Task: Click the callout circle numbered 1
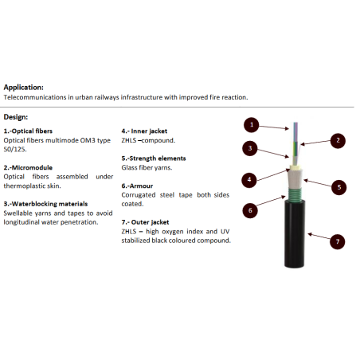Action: (252, 125)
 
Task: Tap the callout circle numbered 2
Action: (338, 141)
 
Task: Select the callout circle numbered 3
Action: (250, 148)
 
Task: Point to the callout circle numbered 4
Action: (249, 180)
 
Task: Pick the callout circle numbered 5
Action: (338, 187)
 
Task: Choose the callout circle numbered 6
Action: (250, 210)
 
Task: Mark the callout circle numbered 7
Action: (338, 241)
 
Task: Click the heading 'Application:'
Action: (23, 88)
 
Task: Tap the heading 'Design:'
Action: (16, 117)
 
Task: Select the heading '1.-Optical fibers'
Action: (28, 131)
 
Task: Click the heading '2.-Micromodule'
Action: (28, 167)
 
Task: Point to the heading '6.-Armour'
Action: (137, 186)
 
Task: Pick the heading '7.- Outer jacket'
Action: (145, 222)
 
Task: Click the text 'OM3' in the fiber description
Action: (88, 140)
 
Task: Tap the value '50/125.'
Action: (15, 150)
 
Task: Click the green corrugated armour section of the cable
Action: (295, 194)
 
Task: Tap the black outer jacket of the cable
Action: (295, 234)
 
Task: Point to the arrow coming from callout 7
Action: (319, 237)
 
